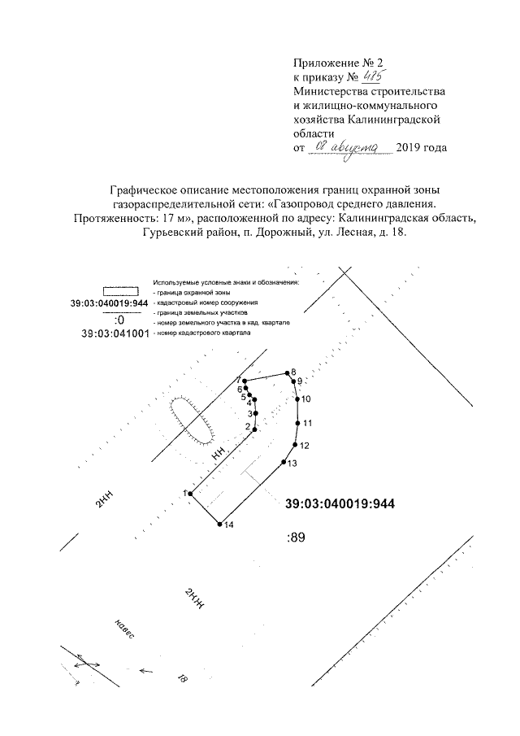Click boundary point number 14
click(220, 525)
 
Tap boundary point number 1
click(190, 493)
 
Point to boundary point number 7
click(245, 381)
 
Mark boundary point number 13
click(283, 463)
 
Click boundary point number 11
click(297, 423)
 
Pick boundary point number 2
click(255, 429)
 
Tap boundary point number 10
click(297, 398)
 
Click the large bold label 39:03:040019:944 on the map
click(340, 504)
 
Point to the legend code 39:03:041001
click(115, 333)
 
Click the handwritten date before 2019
click(354, 146)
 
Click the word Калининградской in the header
click(398, 120)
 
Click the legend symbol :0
click(119, 319)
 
